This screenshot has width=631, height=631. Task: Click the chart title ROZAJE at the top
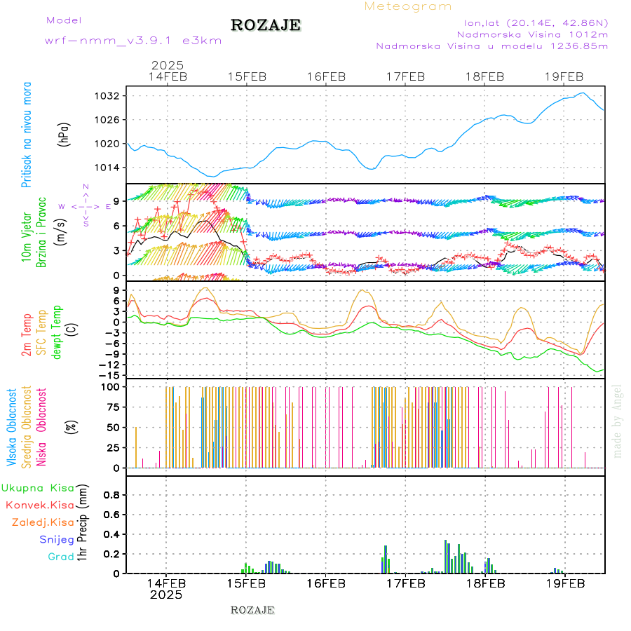click(266, 25)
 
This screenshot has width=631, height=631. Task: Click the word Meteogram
click(408, 6)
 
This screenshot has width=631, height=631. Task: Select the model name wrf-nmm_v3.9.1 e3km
click(133, 41)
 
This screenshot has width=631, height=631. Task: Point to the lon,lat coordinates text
click(534, 22)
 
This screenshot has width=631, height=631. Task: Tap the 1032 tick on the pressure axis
click(111, 96)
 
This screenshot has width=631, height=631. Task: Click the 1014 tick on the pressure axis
click(111, 168)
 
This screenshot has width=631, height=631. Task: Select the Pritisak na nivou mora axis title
click(27, 134)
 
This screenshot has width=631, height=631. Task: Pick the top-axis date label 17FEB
click(405, 76)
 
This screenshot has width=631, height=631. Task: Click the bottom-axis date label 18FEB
click(485, 583)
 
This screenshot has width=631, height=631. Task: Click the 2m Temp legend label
click(27, 336)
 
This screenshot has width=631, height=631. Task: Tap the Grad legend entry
click(60, 557)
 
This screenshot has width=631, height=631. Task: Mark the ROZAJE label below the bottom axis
click(252, 610)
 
